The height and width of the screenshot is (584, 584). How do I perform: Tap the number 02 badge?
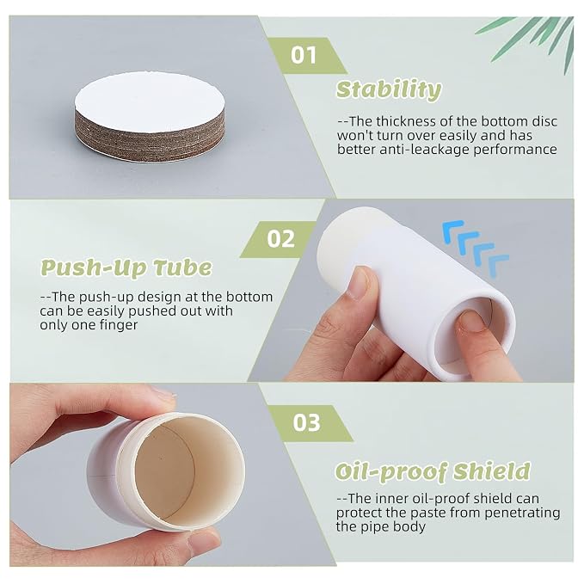280,239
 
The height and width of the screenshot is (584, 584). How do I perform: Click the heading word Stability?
389,90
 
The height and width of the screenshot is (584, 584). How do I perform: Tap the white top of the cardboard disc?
149,100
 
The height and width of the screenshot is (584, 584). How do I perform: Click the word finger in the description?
119,325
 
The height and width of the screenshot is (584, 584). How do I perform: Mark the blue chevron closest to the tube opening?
498,265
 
